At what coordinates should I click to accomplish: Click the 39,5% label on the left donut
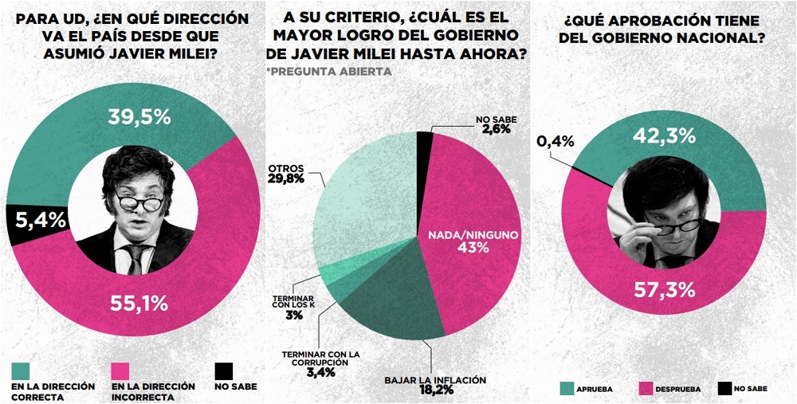pyautogui.click(x=139, y=117)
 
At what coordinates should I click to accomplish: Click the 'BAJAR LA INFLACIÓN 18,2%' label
pyautogui.click(x=434, y=385)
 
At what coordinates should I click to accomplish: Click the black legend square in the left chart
pyautogui.click(x=224, y=371)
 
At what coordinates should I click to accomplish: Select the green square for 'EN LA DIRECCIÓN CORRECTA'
pyautogui.click(x=22, y=371)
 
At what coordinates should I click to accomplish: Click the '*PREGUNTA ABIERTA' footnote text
pyautogui.click(x=328, y=72)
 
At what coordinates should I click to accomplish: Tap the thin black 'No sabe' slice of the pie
pyautogui.click(x=426, y=139)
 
